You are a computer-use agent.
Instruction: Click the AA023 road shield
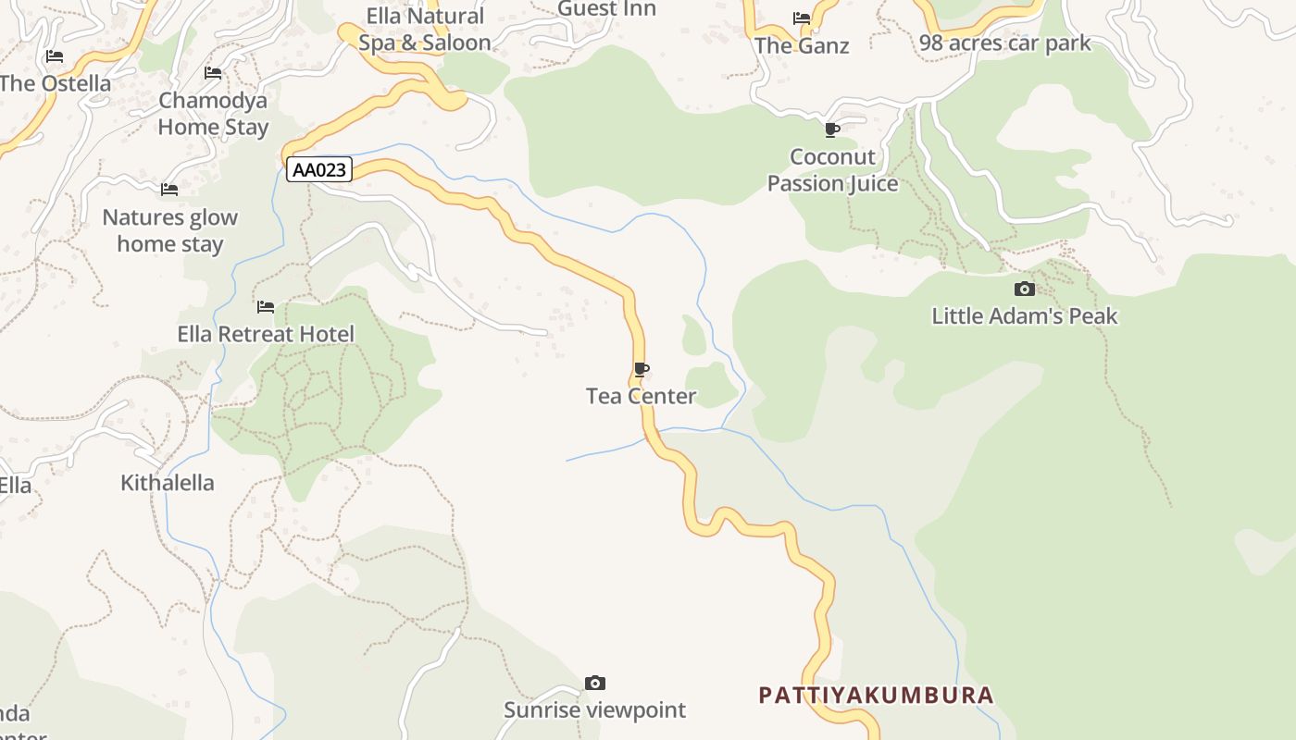[319, 169]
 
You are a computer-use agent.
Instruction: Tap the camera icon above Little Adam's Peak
[1024, 289]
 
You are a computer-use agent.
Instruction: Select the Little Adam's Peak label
[1024, 316]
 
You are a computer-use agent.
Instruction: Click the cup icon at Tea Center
[642, 370]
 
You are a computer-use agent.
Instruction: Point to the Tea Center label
[641, 397]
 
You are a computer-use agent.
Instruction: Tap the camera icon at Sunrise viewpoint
[595, 684]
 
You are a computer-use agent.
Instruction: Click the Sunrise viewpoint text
[594, 710]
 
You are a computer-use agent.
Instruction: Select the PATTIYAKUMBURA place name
[876, 696]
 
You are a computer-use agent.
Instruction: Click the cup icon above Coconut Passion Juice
[832, 129]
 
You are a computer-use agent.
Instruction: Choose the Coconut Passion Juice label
[832, 170]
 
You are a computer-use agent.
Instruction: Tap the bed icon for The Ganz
[802, 18]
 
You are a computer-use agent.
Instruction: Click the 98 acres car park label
[1004, 43]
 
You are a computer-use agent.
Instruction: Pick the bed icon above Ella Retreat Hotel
[266, 306]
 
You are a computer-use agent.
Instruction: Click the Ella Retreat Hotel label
[266, 334]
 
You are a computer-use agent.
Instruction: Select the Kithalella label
[168, 483]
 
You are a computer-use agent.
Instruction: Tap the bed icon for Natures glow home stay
[169, 190]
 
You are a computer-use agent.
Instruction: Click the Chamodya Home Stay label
[213, 114]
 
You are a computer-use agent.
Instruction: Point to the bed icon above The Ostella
[55, 56]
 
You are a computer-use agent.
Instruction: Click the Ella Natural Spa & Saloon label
[425, 30]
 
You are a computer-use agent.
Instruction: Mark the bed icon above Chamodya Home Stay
[213, 73]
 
